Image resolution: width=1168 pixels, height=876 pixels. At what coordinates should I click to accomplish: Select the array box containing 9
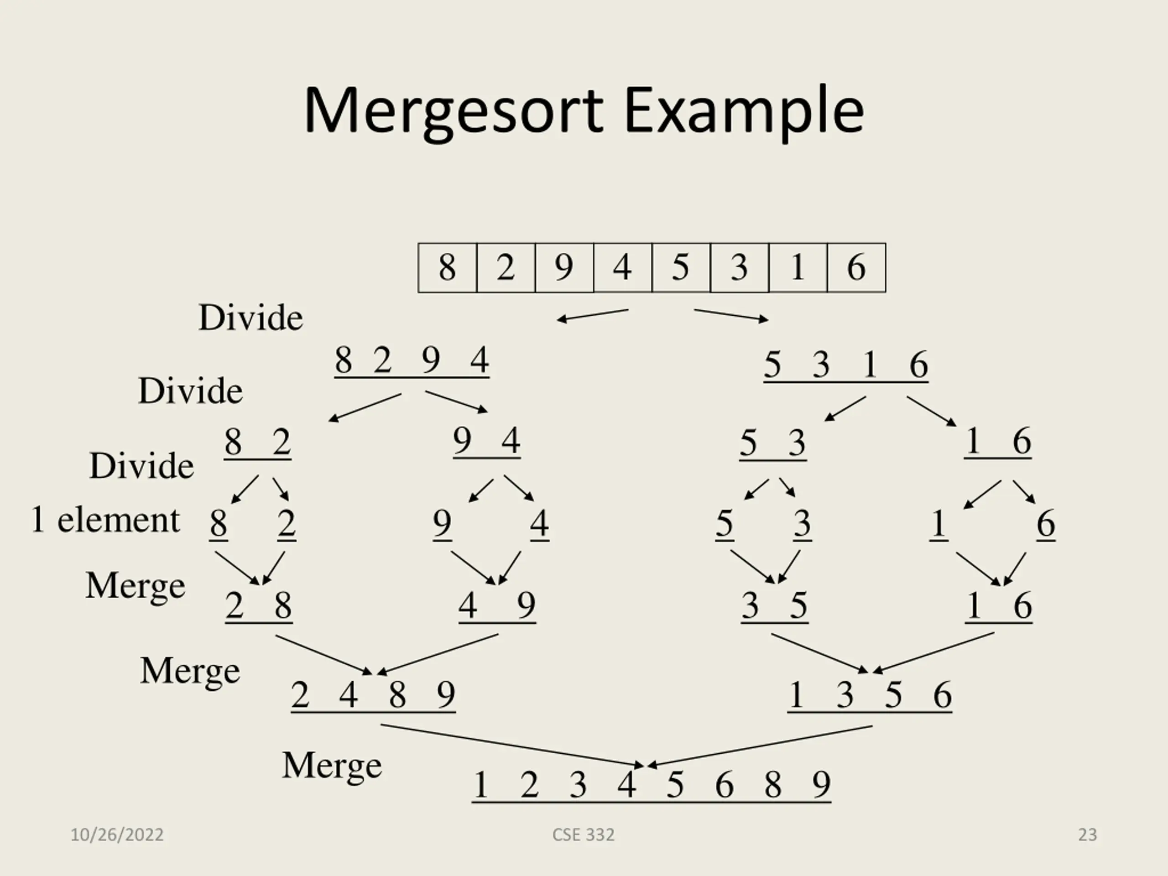(x=564, y=267)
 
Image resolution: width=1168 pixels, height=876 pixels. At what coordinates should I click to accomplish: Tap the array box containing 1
(x=798, y=267)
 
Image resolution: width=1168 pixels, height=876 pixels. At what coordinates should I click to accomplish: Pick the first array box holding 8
(x=447, y=267)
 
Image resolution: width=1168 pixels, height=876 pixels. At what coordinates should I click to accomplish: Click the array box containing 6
(x=856, y=267)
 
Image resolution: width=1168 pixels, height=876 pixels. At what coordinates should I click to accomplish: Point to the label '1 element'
(x=105, y=520)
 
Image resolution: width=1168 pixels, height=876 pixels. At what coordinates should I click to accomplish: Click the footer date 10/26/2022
(x=117, y=835)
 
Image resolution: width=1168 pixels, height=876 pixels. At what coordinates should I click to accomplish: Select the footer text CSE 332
(x=584, y=835)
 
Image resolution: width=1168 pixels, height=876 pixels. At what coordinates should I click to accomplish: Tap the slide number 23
(x=1087, y=835)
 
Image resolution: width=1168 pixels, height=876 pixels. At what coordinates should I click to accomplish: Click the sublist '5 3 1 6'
(x=846, y=365)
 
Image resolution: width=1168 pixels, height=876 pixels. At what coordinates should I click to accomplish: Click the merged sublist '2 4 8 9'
(x=373, y=695)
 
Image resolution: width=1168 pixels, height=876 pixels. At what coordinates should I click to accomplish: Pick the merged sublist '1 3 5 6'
(x=870, y=695)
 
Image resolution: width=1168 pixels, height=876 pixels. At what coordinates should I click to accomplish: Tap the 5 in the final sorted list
(x=675, y=785)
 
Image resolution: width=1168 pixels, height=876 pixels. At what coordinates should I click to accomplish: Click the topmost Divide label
(x=251, y=318)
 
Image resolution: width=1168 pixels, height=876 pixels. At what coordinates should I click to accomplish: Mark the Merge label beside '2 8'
(x=136, y=586)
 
